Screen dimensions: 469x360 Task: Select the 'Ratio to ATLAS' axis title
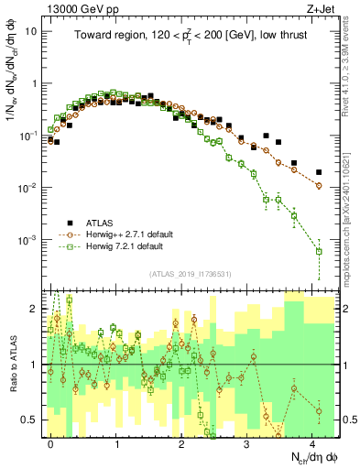[11, 365]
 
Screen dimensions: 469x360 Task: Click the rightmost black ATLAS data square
[319, 172]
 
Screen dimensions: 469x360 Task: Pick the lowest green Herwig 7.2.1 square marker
[319, 251]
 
